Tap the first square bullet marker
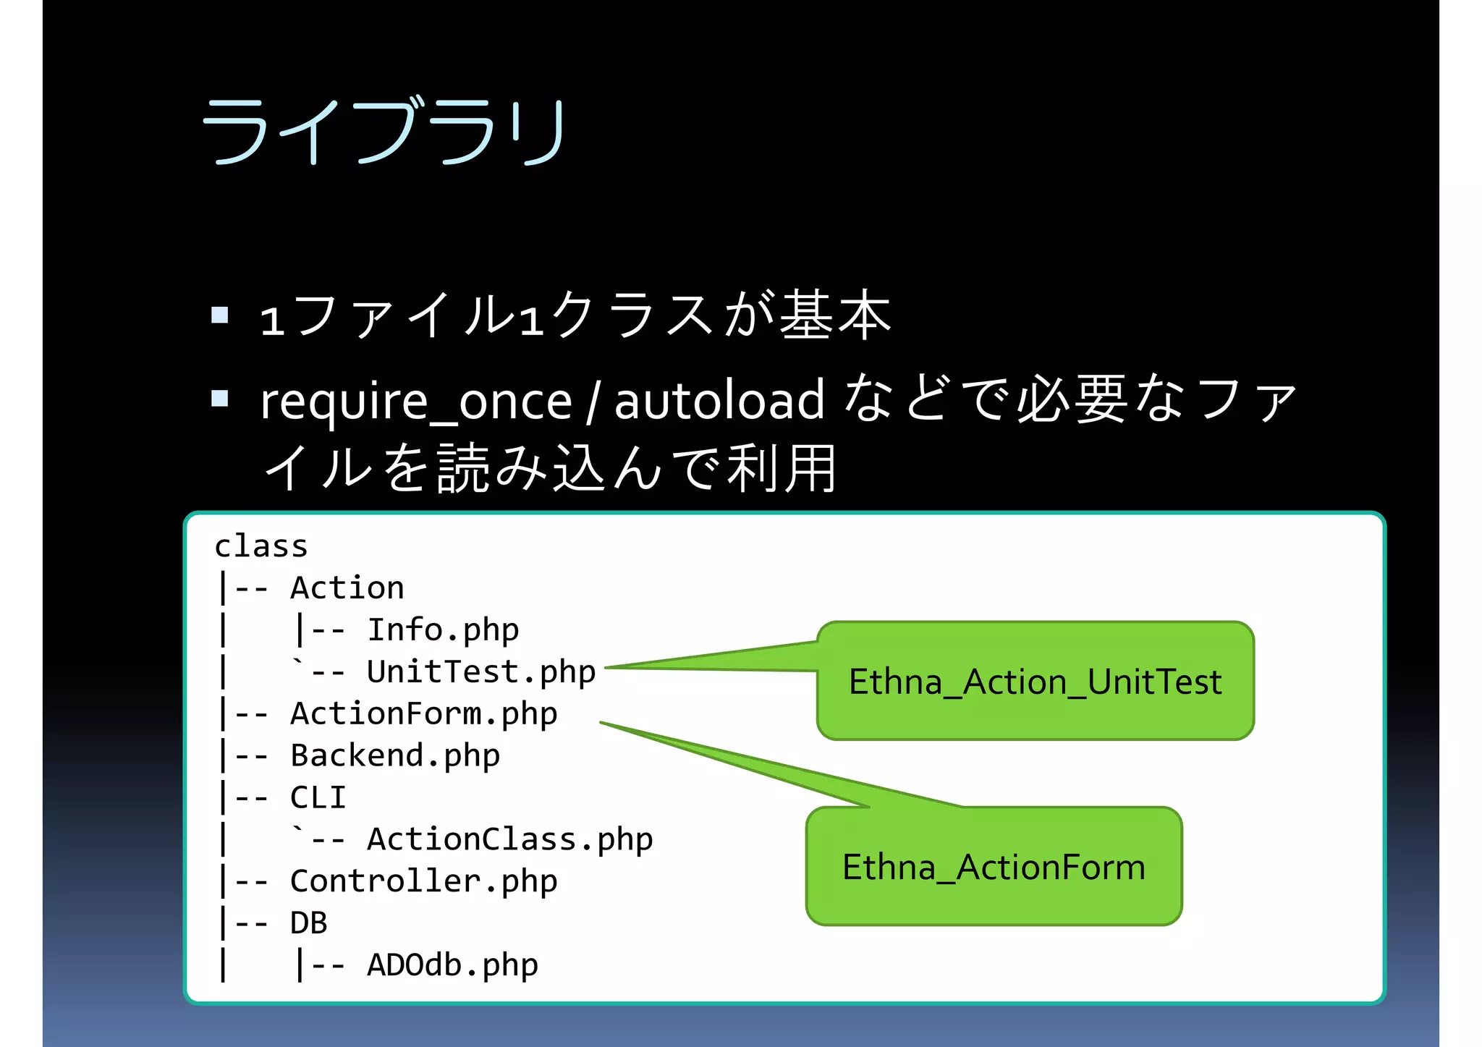[x=220, y=315]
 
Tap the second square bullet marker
[x=220, y=398]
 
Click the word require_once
[x=416, y=402]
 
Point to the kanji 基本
[x=834, y=315]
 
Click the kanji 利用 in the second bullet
[x=782, y=469]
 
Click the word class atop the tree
[x=261, y=546]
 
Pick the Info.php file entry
[x=443, y=630]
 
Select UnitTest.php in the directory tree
[x=481, y=671]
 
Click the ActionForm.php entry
[x=423, y=713]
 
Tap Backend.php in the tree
[x=395, y=755]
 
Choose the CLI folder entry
[x=318, y=797]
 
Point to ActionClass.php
[x=509, y=839]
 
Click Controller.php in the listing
[x=423, y=881]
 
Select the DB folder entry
[x=309, y=923]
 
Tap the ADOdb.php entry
[x=452, y=965]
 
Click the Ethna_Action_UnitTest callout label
[x=1035, y=682]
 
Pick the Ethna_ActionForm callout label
[x=994, y=867]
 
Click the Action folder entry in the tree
[x=347, y=588]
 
